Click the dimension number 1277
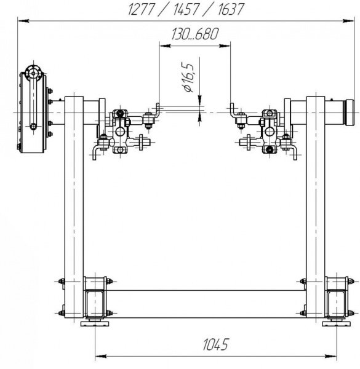(142, 9)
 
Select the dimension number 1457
(186, 9)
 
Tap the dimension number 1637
(230, 9)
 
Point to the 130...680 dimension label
(195, 34)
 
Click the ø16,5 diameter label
(188, 77)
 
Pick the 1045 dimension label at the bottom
(215, 344)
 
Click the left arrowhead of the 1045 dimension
(101, 356)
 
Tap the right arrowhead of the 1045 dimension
(331, 356)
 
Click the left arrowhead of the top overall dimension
(23, 21)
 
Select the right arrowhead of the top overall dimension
(348, 21)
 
